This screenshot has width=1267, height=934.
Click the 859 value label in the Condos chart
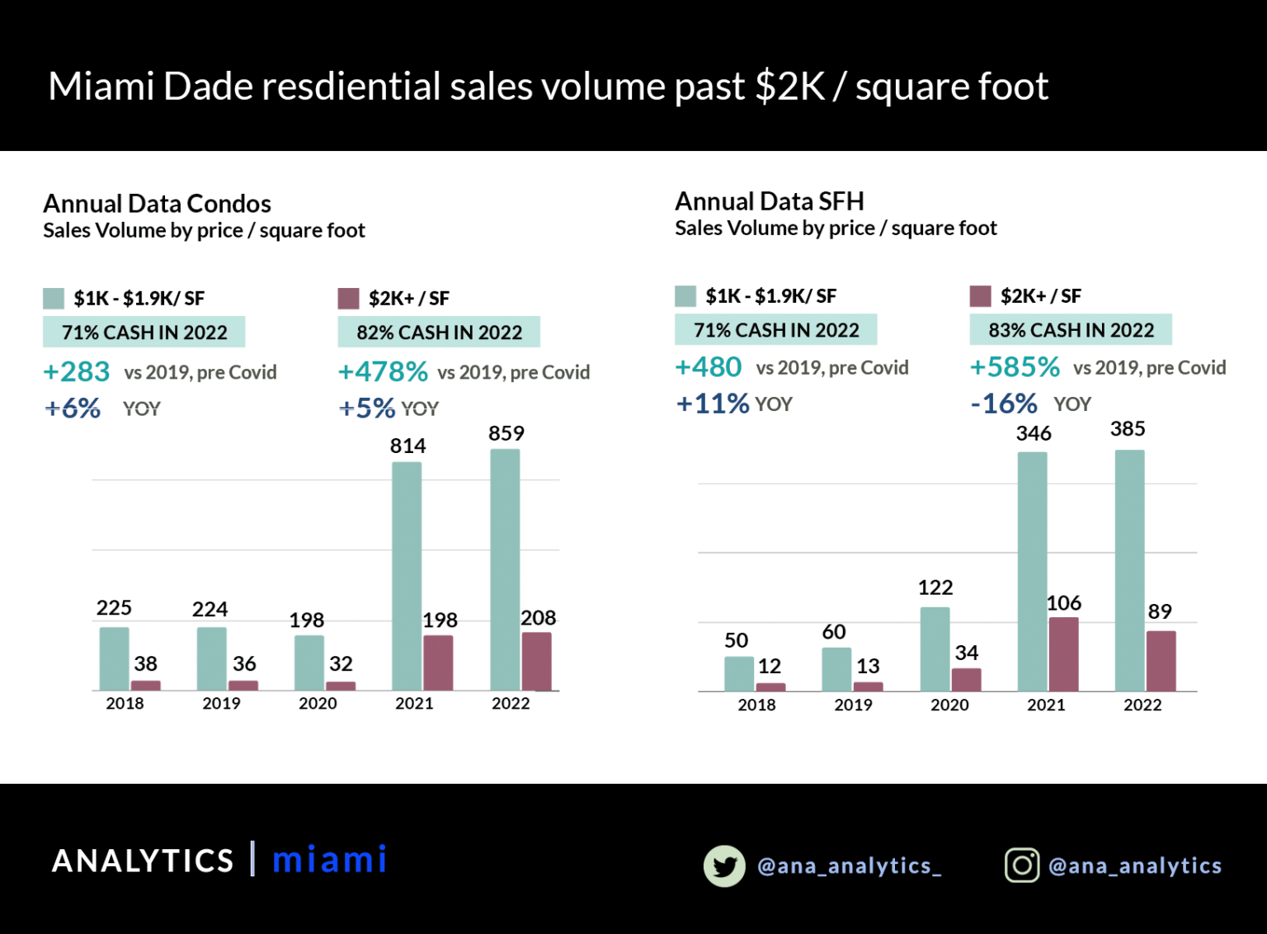coord(506,433)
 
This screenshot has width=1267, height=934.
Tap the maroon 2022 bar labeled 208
coord(536,661)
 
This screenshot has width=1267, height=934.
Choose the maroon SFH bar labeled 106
coord(1063,653)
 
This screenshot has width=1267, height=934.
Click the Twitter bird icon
coord(724,866)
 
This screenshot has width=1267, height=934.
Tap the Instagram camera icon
coord(1021,865)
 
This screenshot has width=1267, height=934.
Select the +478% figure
coord(383,372)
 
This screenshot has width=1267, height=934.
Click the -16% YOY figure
coord(1004,403)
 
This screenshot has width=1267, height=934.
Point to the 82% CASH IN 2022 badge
coord(439,332)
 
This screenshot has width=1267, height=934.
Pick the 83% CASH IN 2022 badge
coord(1071,330)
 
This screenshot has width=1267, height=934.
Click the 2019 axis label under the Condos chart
coord(221,704)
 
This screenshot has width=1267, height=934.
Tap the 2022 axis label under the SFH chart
coord(1142,705)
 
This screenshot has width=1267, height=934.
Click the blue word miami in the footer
coord(329,860)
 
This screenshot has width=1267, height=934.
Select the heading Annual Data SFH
coord(770,201)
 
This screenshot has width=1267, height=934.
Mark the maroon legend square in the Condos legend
coord(349,298)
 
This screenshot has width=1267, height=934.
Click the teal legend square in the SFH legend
coord(685,296)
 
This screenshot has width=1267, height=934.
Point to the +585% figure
coord(1015,367)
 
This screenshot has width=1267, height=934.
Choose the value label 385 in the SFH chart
coord(1128,429)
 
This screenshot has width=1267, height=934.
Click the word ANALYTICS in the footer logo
coord(144,861)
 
